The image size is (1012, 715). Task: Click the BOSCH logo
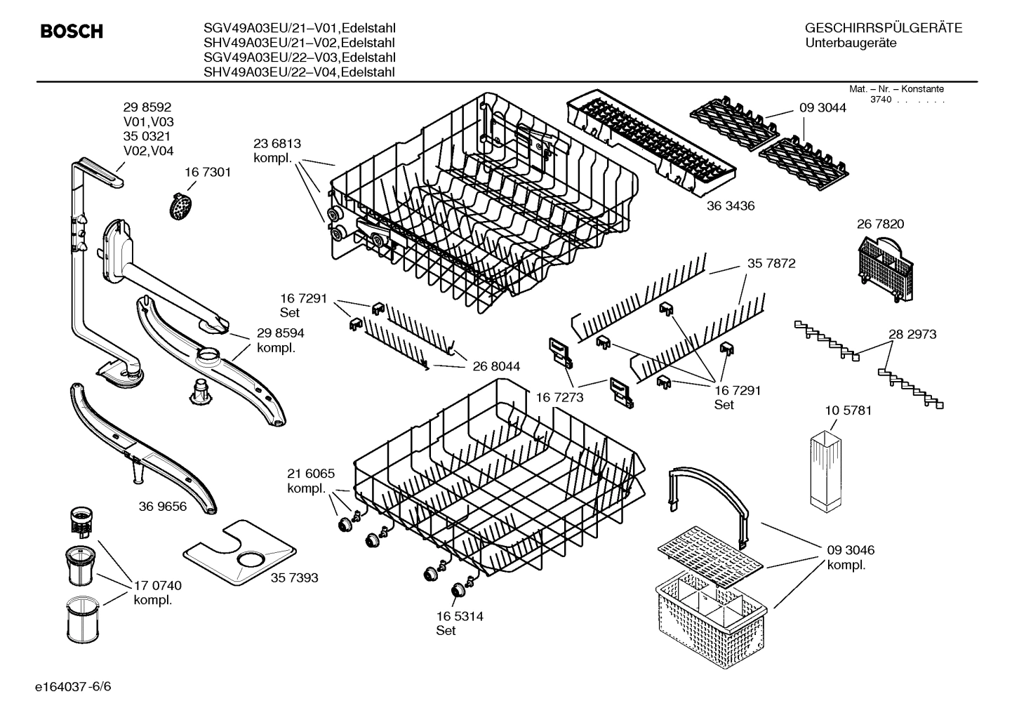(72, 32)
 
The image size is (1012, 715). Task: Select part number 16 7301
(208, 172)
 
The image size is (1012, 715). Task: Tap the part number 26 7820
(880, 225)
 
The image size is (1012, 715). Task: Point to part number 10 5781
(848, 410)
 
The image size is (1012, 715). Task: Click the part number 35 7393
(295, 577)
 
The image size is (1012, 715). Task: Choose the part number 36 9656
(163, 506)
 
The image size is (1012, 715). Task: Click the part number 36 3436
(731, 206)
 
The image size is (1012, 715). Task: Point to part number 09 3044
(823, 108)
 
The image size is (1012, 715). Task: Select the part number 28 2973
(912, 335)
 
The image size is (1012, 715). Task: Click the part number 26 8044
(496, 366)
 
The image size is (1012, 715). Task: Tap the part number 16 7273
(560, 398)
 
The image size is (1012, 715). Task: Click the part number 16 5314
(459, 616)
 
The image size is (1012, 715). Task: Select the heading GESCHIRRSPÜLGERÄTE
(883, 28)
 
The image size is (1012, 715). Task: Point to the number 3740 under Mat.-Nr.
(880, 100)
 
